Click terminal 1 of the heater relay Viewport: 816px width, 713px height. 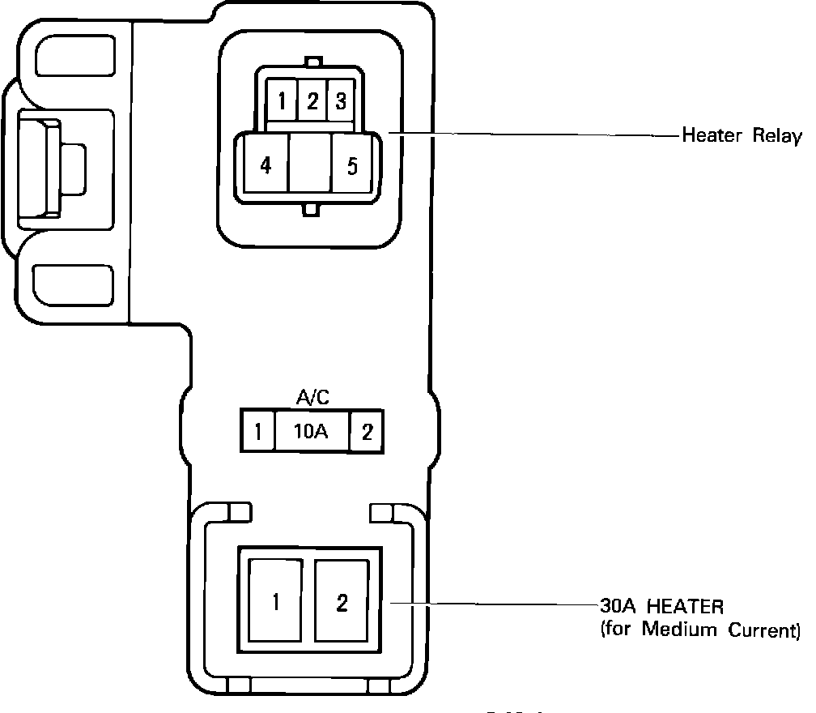(x=282, y=102)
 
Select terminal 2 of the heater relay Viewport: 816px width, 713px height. (x=312, y=102)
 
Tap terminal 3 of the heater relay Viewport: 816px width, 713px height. (x=341, y=102)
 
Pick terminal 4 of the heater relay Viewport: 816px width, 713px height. (x=266, y=166)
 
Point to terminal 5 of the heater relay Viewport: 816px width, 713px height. (x=352, y=166)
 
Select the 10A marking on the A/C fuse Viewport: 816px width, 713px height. (x=311, y=431)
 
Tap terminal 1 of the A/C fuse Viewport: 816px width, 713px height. (x=257, y=431)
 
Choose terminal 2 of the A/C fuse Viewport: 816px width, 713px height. (x=367, y=431)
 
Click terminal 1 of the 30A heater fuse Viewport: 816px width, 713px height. (x=277, y=602)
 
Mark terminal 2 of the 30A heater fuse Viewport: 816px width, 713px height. (x=342, y=602)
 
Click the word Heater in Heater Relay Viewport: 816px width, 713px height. (x=712, y=135)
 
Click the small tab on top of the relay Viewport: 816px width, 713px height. (x=314, y=62)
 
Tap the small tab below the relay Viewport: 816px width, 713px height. (x=310, y=210)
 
